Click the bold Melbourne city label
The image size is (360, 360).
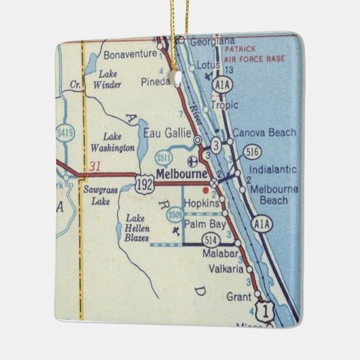coord(181,174)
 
